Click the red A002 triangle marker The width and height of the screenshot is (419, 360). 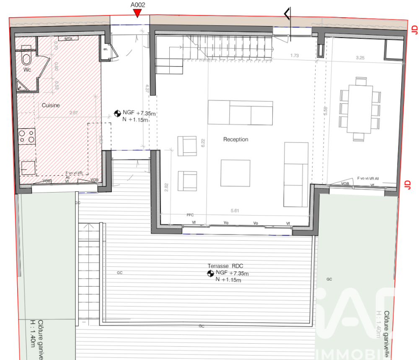click(137, 14)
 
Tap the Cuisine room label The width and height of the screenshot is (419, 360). click(51, 105)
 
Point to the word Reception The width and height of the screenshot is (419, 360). click(235, 139)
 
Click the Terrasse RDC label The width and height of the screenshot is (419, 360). click(225, 266)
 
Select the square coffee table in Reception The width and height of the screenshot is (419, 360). click(235, 173)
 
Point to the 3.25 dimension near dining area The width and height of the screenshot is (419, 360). click(360, 57)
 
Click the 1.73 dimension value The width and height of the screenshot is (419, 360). click(295, 55)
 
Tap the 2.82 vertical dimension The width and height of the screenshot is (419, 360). click(166, 187)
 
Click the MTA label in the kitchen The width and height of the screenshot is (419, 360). click(69, 39)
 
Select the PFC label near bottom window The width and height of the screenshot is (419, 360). click(190, 215)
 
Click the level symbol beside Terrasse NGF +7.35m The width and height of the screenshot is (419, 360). click(210, 274)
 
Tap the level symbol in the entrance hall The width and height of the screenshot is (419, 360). click(117, 113)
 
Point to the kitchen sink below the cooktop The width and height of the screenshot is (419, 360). click(28, 167)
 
